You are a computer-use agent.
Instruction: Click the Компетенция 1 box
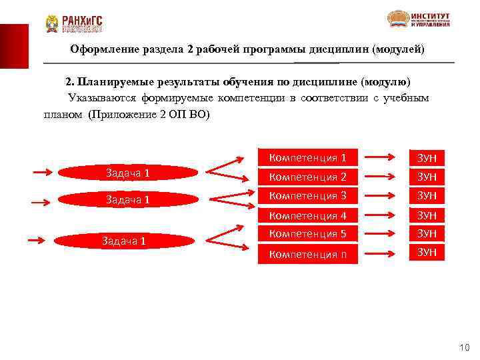coord(307,158)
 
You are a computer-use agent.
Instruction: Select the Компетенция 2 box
coord(307,177)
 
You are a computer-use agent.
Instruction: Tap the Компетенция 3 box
coord(307,196)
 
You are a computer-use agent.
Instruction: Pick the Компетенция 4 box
coord(307,215)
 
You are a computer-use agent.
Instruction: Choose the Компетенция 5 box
coord(307,234)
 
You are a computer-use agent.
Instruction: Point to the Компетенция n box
coord(307,253)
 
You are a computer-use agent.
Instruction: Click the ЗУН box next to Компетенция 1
coord(426,158)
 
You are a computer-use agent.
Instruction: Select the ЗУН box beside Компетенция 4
coord(426,215)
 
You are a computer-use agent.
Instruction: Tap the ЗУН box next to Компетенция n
coord(426,252)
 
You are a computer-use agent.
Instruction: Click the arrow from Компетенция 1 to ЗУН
coord(382,158)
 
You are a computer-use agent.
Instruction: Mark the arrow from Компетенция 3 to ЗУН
coord(382,196)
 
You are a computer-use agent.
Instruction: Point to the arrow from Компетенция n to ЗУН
coord(382,253)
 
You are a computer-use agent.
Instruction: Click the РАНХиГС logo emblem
coord(52,24)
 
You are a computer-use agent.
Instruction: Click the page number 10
coord(465,347)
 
